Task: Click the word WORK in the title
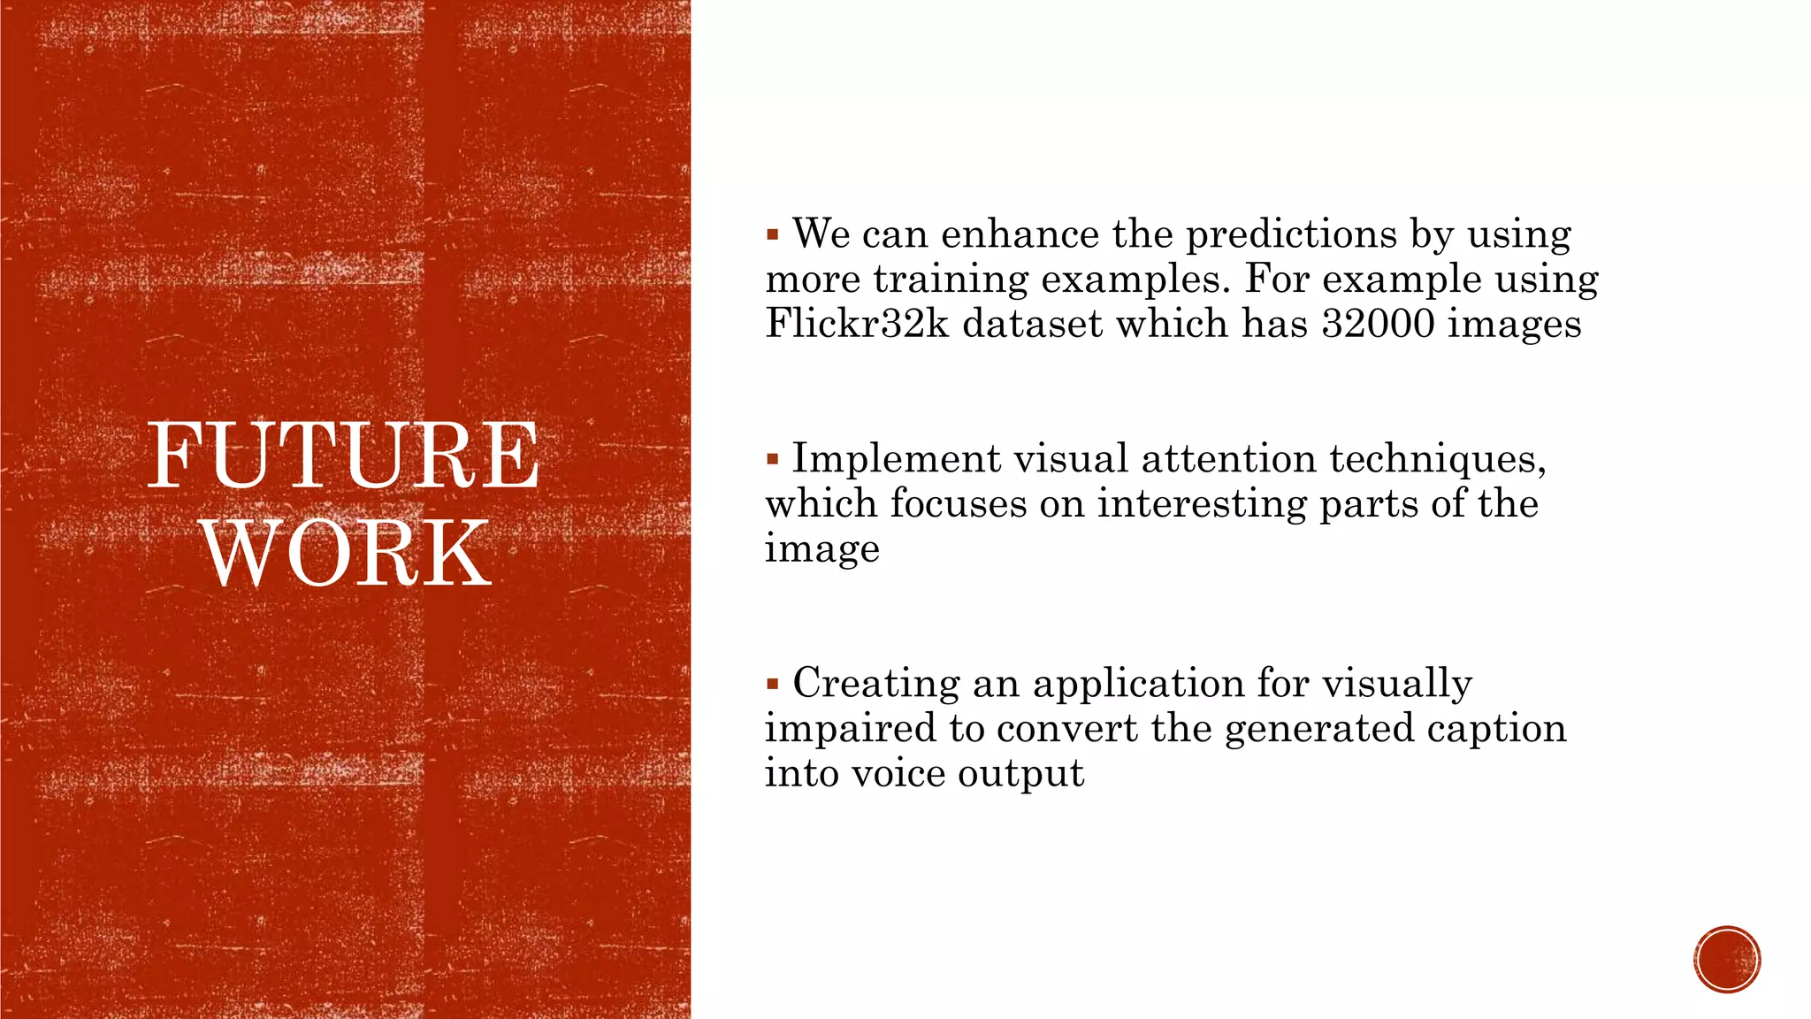coord(347,554)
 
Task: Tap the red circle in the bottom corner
coord(1727,960)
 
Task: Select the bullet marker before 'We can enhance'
coord(772,235)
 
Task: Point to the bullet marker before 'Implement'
coord(772,460)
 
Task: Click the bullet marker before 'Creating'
coord(772,684)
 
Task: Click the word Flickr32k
coord(857,323)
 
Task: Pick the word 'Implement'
coord(896,459)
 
